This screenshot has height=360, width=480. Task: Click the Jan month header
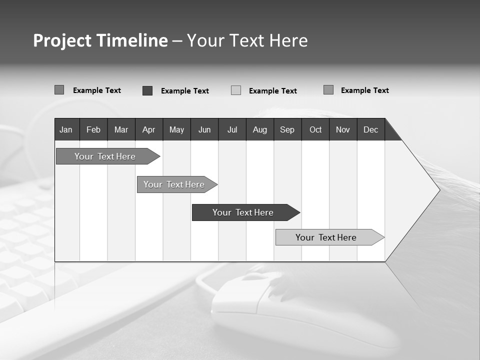tap(66, 130)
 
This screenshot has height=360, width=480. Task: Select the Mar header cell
tap(121, 130)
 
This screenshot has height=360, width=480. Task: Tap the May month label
tap(176, 130)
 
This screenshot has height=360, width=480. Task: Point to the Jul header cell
tap(232, 130)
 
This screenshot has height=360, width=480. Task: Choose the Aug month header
tap(260, 130)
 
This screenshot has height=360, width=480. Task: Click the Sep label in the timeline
tap(287, 130)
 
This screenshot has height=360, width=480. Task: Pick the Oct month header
tap(315, 130)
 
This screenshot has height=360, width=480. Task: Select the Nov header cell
tap(343, 130)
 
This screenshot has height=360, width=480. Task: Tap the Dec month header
tap(370, 130)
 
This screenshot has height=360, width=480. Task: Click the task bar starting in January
tap(105, 156)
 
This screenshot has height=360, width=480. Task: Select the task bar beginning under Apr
tap(174, 184)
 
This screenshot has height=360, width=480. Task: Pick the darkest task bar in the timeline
tap(243, 212)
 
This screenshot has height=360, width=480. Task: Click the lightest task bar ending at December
tap(326, 237)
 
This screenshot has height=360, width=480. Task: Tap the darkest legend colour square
tap(147, 90)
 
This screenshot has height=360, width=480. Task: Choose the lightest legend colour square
tap(236, 90)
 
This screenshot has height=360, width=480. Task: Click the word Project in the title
tap(62, 40)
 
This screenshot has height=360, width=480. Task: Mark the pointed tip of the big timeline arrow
tap(439, 190)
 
